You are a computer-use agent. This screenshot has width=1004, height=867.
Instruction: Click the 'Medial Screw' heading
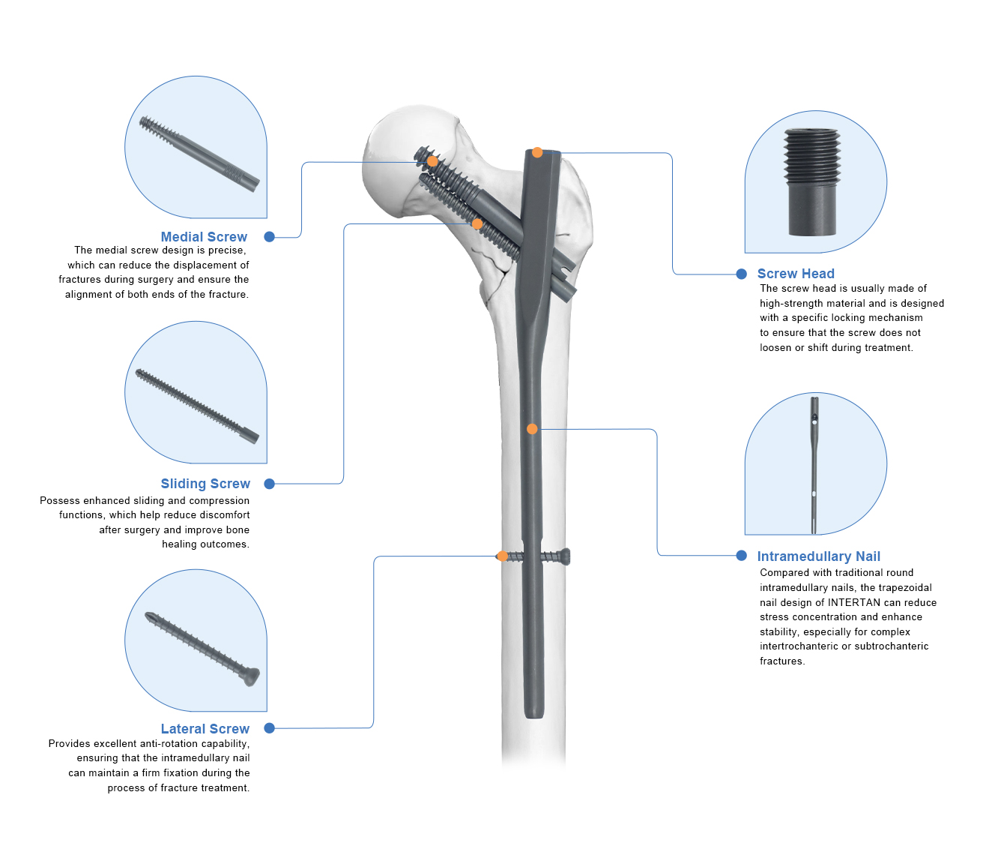204,237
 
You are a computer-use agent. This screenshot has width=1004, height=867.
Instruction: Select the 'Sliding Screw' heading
205,484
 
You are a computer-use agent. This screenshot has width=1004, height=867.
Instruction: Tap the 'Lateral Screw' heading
205,729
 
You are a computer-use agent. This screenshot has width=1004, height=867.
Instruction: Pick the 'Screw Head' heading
796,274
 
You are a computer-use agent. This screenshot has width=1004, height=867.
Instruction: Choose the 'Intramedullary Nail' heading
818,556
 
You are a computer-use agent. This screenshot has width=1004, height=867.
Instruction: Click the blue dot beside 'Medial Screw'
270,237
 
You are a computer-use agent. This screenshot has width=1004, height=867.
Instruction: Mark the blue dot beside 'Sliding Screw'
270,484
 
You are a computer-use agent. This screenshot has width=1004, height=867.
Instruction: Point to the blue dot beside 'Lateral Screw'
270,728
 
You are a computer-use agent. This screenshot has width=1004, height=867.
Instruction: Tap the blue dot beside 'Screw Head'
742,274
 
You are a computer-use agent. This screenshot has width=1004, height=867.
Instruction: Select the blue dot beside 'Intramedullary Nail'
742,556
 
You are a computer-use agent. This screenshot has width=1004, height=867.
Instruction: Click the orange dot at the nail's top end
537,153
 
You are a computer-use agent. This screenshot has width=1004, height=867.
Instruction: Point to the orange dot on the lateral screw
502,556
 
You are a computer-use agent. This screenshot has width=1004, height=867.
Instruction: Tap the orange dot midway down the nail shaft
532,429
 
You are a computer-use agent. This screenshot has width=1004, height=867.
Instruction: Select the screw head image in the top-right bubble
812,182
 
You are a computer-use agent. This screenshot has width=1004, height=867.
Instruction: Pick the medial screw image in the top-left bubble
199,154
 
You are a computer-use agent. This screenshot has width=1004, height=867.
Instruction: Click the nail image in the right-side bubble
814,465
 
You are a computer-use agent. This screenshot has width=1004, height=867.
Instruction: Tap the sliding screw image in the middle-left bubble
197,406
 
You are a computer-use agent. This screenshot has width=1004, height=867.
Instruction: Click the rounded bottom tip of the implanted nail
534,713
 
